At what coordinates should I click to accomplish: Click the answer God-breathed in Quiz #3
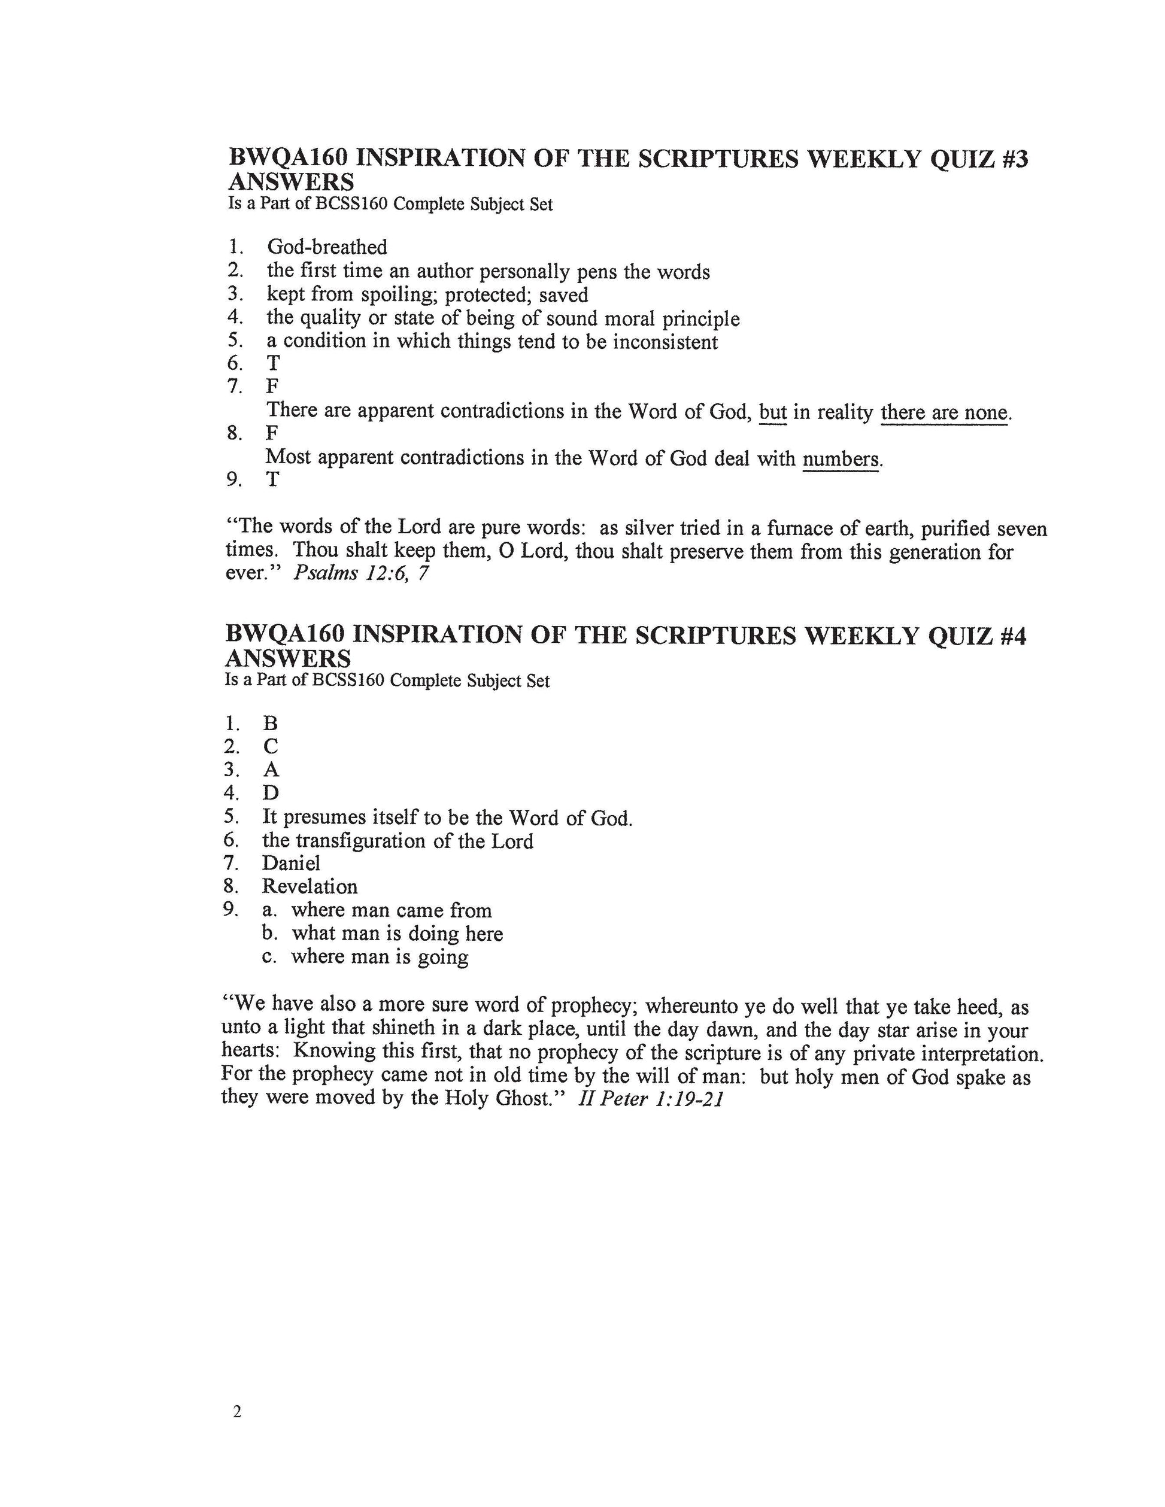coord(327,247)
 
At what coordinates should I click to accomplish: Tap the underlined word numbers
coord(841,459)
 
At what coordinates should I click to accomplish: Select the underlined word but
coord(772,412)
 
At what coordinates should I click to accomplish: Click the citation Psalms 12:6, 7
coord(360,573)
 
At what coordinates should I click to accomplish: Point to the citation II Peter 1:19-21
coord(650,1098)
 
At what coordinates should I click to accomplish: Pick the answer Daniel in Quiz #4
coord(290,863)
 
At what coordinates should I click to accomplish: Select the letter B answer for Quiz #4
coord(270,723)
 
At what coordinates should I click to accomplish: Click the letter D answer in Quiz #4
coord(270,793)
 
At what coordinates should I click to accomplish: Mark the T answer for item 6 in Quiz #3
coord(274,363)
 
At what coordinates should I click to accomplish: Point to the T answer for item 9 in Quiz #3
coord(274,479)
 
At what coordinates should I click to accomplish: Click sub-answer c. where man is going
coord(379,957)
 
